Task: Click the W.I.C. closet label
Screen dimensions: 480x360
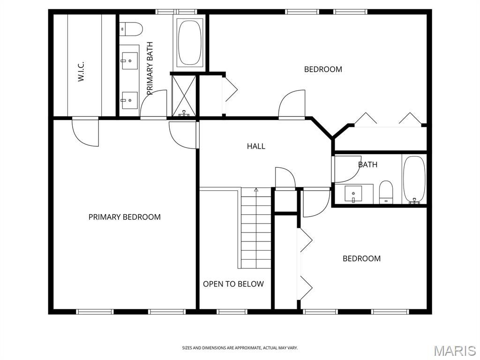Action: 81,72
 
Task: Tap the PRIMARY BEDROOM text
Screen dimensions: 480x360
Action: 125,217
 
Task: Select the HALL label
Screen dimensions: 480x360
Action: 256,146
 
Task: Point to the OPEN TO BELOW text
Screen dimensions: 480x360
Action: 233,284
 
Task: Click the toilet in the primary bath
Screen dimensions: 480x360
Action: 131,29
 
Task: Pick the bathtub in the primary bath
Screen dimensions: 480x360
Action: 190,43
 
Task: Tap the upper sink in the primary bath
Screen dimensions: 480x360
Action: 130,60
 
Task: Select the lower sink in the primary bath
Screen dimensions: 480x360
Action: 130,100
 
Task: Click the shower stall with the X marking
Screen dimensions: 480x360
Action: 184,96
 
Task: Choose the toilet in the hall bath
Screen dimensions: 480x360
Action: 386,192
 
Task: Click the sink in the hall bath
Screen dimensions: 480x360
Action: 353,194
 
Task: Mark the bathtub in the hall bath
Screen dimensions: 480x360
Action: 414,180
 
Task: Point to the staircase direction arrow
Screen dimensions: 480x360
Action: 256,190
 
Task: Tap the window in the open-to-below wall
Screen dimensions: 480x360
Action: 232,312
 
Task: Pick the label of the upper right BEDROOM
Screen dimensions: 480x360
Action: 323,69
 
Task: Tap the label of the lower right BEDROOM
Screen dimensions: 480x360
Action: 361,259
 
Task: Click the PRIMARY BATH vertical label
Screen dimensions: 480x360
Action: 150,68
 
